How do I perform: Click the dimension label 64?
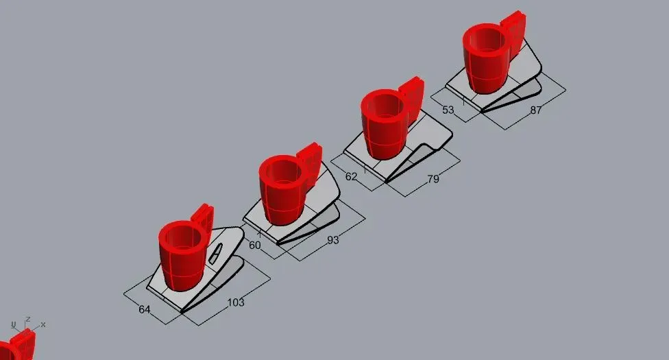(x=145, y=309)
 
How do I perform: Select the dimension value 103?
(x=236, y=303)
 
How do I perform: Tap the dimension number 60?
(x=255, y=245)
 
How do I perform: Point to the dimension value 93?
(x=333, y=240)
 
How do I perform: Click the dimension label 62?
(x=351, y=176)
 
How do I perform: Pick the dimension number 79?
(x=433, y=179)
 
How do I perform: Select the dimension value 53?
(x=448, y=110)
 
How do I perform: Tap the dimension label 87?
(x=536, y=110)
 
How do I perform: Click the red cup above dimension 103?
(x=184, y=255)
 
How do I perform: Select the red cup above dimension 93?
(x=284, y=190)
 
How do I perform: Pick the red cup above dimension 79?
(x=385, y=124)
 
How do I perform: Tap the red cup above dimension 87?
(x=487, y=58)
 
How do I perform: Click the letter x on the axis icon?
(x=43, y=325)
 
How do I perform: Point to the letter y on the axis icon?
(x=13, y=324)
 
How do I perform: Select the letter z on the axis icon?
(x=27, y=319)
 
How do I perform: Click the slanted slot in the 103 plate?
(x=216, y=252)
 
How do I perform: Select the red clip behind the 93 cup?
(x=311, y=165)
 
